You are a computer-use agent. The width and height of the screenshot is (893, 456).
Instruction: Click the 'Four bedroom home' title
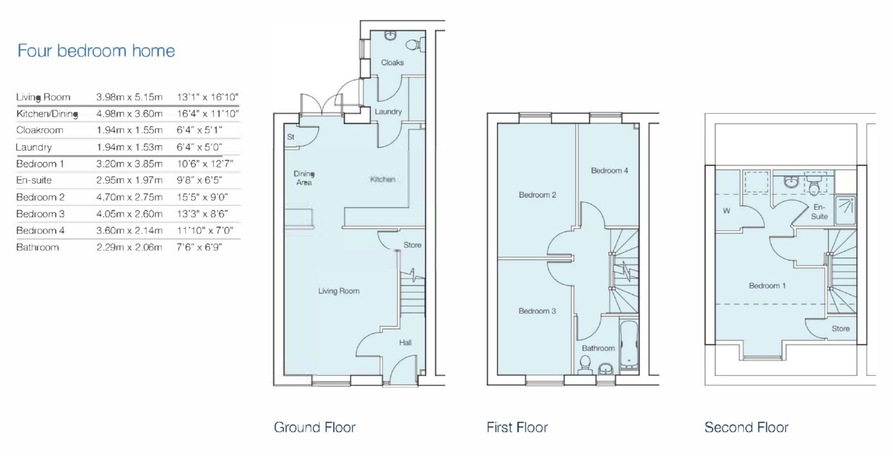point(96,51)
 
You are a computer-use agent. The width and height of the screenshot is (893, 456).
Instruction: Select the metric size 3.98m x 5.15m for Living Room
point(129,97)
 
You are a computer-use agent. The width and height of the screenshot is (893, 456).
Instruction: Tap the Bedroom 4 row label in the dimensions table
point(40,231)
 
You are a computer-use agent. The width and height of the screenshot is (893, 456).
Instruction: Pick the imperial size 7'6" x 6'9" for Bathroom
point(199,247)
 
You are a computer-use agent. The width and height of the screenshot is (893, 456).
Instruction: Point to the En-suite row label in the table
point(34,180)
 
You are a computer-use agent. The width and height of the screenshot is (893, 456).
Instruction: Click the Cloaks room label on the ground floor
point(392,63)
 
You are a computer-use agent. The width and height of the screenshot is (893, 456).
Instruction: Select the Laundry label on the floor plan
point(388,112)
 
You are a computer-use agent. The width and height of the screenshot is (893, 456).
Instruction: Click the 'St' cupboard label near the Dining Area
point(291,137)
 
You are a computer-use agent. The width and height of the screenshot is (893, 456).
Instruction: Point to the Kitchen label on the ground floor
point(383,179)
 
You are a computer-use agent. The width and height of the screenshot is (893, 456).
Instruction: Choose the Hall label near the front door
point(405,342)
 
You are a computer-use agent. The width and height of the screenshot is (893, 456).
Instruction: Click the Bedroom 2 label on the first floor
point(537,195)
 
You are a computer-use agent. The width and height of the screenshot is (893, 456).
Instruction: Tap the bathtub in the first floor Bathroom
point(629,345)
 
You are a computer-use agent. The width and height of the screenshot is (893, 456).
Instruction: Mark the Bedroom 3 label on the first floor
point(537,311)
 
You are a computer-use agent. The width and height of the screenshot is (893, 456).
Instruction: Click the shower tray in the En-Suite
point(845,210)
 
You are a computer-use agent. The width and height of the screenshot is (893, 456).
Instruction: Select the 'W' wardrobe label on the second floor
point(727,211)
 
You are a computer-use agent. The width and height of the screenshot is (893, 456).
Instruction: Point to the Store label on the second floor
point(841,329)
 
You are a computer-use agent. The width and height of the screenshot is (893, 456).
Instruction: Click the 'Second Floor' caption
point(746,428)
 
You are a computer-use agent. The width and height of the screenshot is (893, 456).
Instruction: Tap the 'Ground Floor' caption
point(315,428)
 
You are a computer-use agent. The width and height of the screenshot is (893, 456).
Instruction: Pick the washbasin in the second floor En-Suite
point(791,182)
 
